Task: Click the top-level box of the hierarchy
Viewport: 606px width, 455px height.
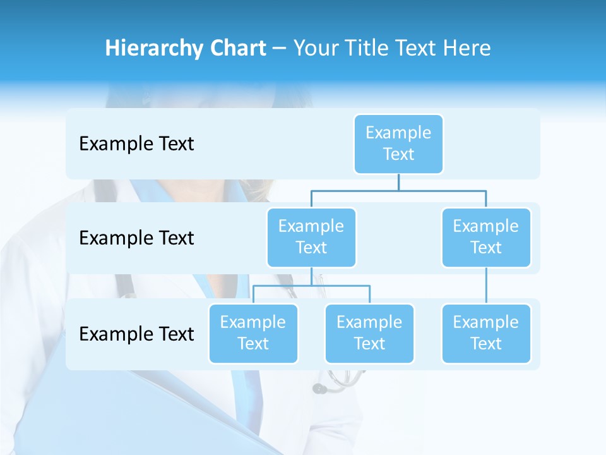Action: pos(398,144)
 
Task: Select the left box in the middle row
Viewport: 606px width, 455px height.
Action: pos(311,238)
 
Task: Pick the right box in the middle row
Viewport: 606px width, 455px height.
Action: pos(486,238)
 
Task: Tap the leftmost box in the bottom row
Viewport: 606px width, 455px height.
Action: pos(253,334)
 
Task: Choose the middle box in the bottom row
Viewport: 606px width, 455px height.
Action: pos(369,334)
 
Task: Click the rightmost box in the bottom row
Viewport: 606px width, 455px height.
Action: pos(486,334)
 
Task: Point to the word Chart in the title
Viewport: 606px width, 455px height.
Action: pos(234,49)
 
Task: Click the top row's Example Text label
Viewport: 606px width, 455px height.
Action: pos(136,144)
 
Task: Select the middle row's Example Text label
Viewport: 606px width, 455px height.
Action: pos(136,238)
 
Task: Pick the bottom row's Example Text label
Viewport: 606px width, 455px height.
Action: pos(136,334)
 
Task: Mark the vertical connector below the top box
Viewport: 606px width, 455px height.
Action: pos(398,182)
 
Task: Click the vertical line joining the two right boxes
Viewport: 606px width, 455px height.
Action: pos(486,286)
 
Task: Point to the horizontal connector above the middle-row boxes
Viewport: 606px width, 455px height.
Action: pos(398,190)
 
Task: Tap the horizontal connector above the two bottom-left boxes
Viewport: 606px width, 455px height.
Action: pos(311,286)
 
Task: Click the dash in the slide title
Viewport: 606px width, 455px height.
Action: pos(280,49)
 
